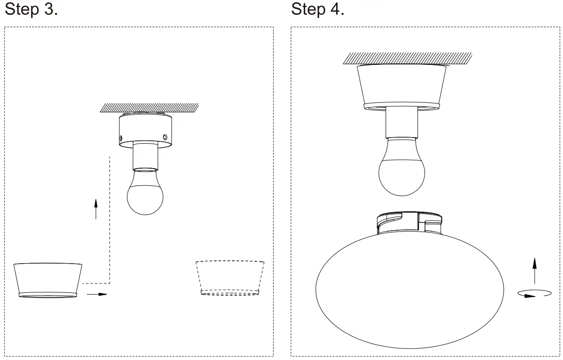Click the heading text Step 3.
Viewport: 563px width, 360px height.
point(31,9)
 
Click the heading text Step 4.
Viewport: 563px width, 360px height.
point(318,9)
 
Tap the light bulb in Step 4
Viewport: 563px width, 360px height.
point(401,171)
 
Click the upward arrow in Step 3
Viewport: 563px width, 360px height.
point(96,209)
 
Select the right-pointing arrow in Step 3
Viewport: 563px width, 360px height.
point(97,294)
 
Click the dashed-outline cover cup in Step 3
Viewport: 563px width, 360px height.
point(230,278)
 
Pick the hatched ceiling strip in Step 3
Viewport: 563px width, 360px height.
point(150,108)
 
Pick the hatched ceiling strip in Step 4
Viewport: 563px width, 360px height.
point(407,58)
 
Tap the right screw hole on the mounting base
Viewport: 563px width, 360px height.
point(165,136)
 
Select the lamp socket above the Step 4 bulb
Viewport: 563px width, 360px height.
point(401,122)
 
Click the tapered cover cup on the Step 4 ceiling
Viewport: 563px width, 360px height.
point(401,86)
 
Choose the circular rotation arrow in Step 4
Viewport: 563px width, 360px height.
point(534,293)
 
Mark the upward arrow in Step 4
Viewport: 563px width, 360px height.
point(535,271)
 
